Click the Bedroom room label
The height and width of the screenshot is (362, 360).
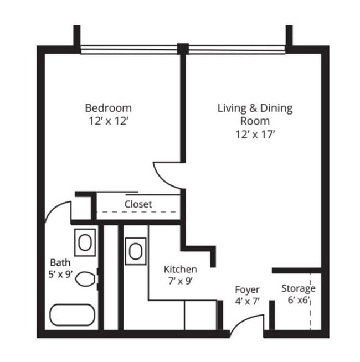(108, 107)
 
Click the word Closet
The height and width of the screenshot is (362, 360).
(138, 204)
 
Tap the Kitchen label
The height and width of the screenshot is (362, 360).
(180, 269)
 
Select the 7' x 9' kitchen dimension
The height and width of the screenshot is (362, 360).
(180, 281)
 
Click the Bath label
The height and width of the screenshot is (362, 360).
(60, 262)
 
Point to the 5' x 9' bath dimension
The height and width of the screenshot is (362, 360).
(61, 273)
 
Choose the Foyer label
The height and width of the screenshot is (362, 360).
(247, 290)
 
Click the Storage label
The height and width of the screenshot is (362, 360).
(298, 288)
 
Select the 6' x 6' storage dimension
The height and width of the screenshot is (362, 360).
(298, 301)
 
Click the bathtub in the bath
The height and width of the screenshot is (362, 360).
(73, 315)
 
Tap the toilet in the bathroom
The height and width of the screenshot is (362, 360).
(85, 278)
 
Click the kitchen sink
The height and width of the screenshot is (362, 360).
(136, 251)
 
